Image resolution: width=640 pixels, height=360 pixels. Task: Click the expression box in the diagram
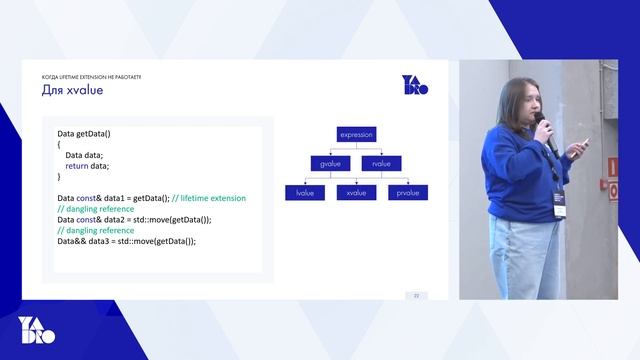pos(355,134)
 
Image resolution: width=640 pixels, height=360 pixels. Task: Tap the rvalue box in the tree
pos(381,163)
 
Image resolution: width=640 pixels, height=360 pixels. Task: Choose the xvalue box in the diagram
pos(355,192)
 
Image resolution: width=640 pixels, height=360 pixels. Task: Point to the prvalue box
pos(407,192)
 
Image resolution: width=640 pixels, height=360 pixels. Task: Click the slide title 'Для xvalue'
pos(72,91)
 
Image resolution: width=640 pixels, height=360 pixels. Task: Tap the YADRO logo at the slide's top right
pos(414,85)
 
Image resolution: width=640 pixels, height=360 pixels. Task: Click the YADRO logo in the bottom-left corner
pos(37,329)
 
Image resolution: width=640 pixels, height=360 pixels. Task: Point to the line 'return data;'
pos(88,166)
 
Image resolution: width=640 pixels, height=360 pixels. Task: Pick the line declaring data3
pos(126,241)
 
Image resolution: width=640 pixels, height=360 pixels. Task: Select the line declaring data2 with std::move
pos(134,219)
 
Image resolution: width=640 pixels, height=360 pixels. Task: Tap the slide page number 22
pos(416,295)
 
